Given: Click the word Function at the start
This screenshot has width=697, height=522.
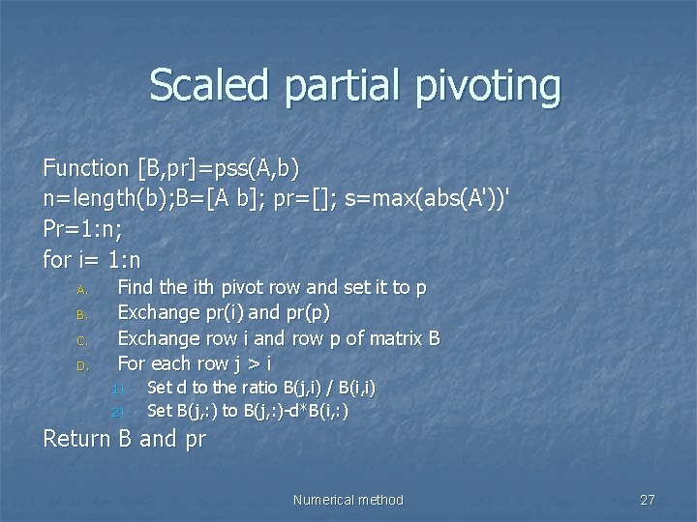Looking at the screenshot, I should (85, 168).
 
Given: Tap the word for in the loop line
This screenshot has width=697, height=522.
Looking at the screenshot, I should (56, 261).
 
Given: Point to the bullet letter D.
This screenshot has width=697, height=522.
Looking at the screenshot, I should (82, 366).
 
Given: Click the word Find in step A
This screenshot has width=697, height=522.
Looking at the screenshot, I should (137, 288).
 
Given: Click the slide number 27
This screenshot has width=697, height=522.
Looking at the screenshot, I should (648, 500).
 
